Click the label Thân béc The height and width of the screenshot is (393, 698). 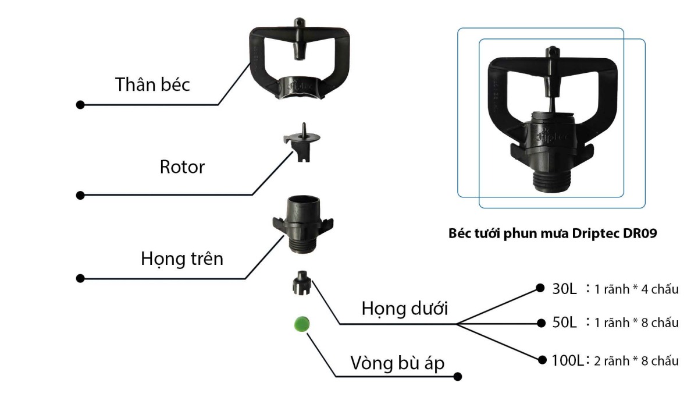[152, 84]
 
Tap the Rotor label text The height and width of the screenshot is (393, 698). [182, 168]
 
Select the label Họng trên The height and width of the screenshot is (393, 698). [182, 258]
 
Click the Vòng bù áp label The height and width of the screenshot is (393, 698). [397, 363]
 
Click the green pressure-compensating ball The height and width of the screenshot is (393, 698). [301, 324]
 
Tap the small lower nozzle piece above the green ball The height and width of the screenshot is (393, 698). [301, 283]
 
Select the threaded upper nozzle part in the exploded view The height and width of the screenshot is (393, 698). [302, 224]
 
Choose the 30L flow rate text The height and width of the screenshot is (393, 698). [564, 289]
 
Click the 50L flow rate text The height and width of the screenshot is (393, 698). [564, 323]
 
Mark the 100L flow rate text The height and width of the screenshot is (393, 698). [568, 361]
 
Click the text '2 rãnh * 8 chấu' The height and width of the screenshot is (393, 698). [636, 362]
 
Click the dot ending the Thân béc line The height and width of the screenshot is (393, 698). [80, 105]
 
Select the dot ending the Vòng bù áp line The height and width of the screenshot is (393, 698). [458, 377]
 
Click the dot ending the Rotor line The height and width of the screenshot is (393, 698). [80, 194]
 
